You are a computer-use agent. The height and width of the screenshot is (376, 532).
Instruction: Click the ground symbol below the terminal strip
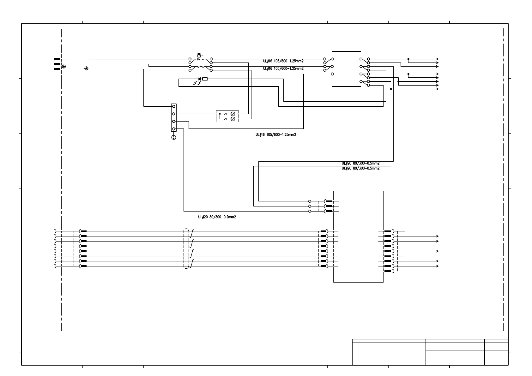pos(173,137)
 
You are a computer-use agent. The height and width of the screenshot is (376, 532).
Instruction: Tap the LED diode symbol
pos(199,79)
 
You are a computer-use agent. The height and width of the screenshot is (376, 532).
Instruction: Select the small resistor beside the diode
pos(205,79)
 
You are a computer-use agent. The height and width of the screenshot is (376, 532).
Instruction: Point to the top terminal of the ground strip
pos(173,106)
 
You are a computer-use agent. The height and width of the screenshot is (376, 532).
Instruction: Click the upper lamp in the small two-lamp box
pos(233,114)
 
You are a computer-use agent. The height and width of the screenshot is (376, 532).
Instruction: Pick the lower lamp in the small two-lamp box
pos(233,119)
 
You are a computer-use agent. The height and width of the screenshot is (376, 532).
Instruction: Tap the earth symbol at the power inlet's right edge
pos(86,68)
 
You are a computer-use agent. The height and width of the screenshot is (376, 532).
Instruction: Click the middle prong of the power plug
pos(57,64)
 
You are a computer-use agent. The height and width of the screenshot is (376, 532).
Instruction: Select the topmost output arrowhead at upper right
pos(437,59)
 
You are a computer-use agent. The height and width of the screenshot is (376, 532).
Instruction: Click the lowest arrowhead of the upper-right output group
pos(437,89)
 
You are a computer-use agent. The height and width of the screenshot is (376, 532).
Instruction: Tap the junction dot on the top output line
pos(408,59)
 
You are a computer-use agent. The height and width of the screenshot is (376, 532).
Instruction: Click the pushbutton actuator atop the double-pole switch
pos(199,56)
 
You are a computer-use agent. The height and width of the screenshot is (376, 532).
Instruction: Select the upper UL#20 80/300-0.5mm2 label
pos(360,164)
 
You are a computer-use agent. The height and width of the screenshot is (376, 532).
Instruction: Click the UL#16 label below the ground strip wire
pos(276,135)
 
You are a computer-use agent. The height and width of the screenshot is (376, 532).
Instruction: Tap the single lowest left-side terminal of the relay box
pos(332,74)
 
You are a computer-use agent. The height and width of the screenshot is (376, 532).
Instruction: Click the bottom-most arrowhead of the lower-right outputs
pos(437,266)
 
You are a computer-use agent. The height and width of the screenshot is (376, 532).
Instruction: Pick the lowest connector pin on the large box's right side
pos(388,271)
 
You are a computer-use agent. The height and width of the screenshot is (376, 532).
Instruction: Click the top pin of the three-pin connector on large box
pos(329,201)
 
